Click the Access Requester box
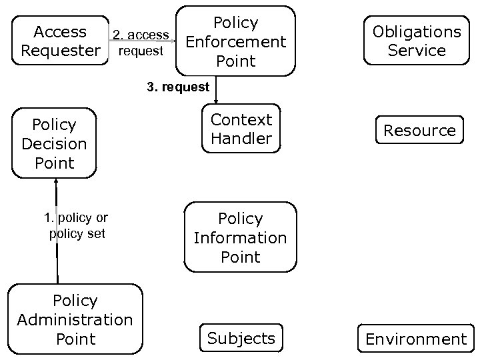coord(61,41)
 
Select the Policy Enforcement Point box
coord(235,41)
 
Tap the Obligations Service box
coord(417,41)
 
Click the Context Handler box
coord(241,129)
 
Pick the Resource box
coord(419,130)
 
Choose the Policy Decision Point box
coord(54,143)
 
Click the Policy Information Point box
coord(240,237)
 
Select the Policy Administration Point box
coord(75,319)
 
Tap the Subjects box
coord(241,338)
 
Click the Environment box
coord(416,339)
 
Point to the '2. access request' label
coord(140,43)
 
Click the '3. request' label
coord(178,87)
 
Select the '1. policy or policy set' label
coord(76,225)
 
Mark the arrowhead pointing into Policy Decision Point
coord(57,182)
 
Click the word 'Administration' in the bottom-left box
coord(75,320)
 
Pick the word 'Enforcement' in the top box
coord(235,42)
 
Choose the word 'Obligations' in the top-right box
coord(417,31)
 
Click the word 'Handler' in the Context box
coord(241,139)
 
